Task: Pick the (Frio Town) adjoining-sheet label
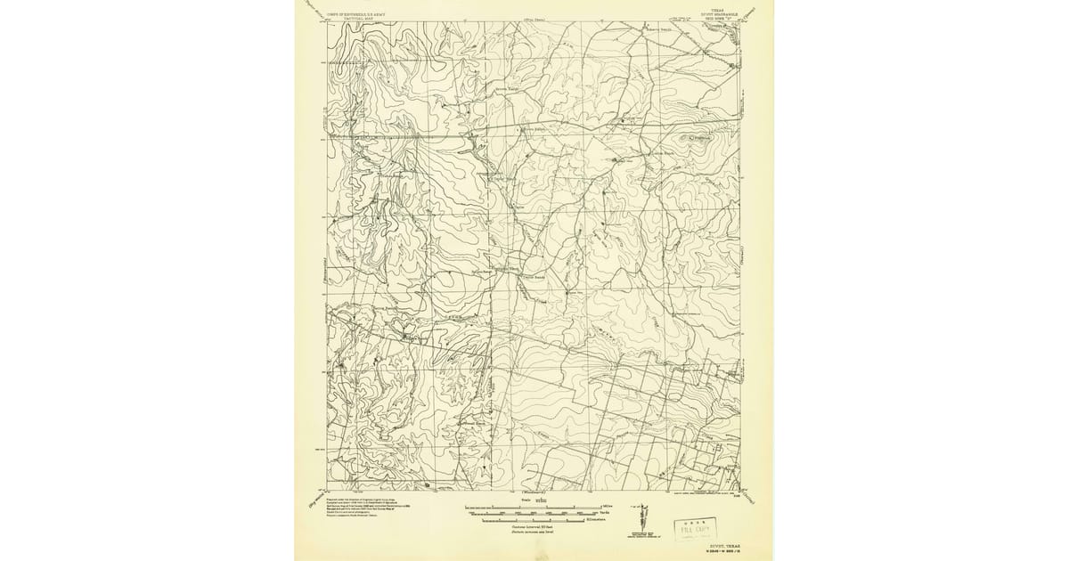coord(534,18)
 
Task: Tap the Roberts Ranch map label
coord(660,28)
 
